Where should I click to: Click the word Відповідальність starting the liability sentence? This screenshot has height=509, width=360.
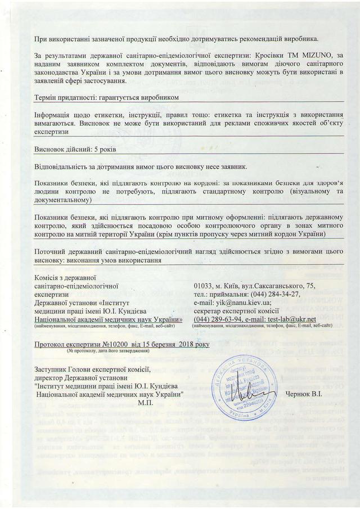tap(62, 167)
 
